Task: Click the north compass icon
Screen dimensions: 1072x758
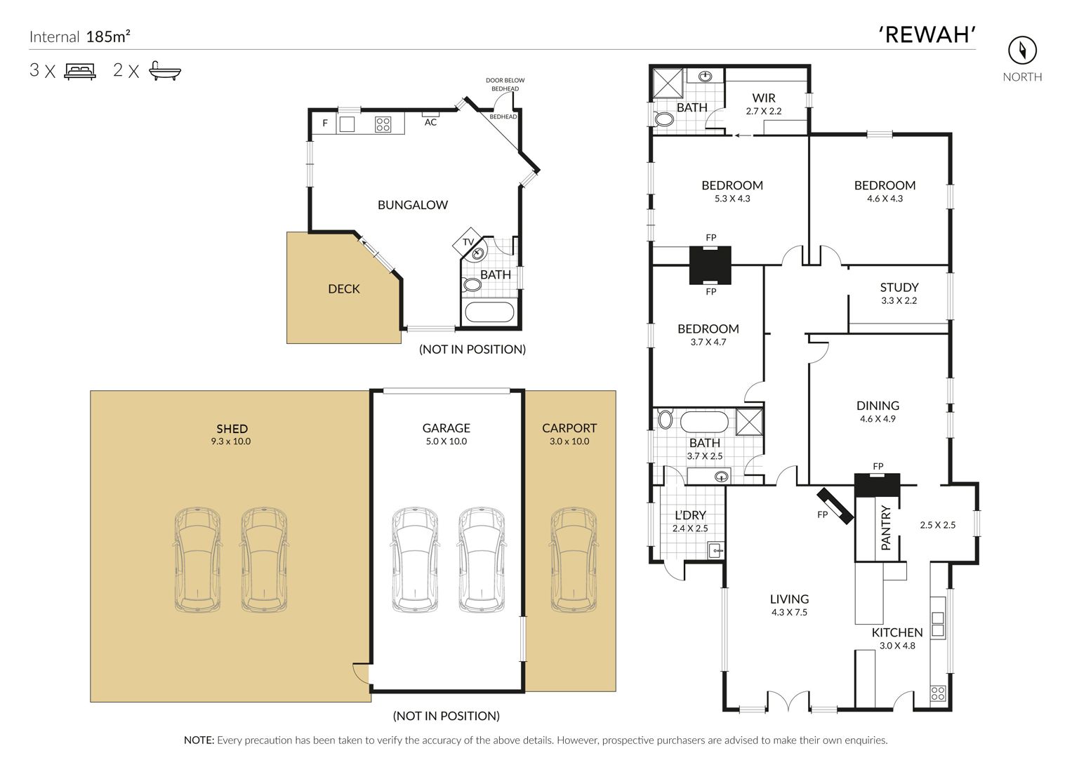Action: click(1022, 51)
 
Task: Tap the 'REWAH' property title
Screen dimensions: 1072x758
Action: click(927, 35)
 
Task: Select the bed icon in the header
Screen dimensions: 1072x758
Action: click(80, 71)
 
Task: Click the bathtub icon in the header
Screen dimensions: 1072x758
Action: click(165, 71)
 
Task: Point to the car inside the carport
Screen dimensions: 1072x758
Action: click(574, 559)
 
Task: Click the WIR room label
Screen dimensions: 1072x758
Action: click(763, 98)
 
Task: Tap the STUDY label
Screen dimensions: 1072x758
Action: click(899, 287)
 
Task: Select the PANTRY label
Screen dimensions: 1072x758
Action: click(885, 528)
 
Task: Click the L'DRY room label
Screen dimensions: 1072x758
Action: click(690, 515)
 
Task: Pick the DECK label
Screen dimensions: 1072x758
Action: click(343, 288)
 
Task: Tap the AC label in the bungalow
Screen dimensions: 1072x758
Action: click(430, 123)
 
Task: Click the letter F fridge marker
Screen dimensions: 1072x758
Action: click(325, 124)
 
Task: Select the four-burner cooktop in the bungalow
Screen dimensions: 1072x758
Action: click(383, 124)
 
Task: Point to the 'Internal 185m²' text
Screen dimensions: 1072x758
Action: click(80, 36)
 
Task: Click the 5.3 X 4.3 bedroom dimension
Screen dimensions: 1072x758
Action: click(732, 199)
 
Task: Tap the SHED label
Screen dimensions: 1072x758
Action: click(232, 428)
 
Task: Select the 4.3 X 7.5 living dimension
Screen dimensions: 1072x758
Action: click(789, 612)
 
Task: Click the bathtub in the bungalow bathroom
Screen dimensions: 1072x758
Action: click(489, 312)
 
